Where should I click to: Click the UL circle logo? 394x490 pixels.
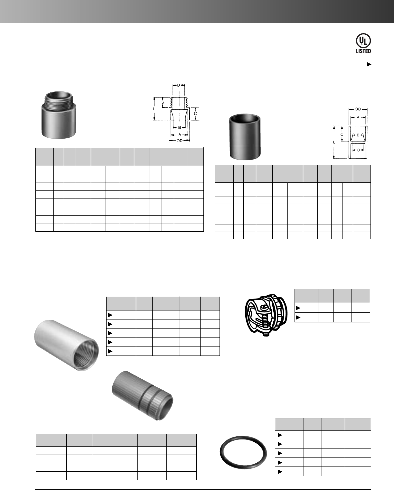[x=363, y=41]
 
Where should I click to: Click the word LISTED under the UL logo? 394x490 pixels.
[x=363, y=51]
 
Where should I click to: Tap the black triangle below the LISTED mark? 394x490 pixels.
[x=369, y=64]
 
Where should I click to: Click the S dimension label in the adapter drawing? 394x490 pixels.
[x=163, y=102]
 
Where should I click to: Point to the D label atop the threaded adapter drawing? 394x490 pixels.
[x=179, y=85]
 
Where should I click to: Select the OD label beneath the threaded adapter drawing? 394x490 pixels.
[x=179, y=141]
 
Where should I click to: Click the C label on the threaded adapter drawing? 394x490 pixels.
[x=195, y=113]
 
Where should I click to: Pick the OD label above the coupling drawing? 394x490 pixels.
[x=358, y=109]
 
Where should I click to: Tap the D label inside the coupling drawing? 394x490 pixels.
[x=359, y=150]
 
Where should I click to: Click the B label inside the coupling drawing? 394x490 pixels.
[x=358, y=135]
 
